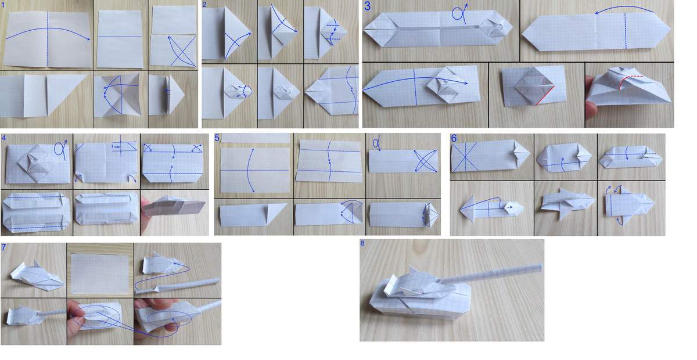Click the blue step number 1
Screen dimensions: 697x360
pyautogui.click(x=3, y=5)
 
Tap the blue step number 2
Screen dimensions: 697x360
pyautogui.click(x=204, y=5)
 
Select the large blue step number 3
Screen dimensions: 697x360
pyautogui.click(x=368, y=6)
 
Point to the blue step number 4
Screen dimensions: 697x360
pyautogui.click(x=3, y=137)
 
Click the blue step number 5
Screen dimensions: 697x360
pyautogui.click(x=217, y=138)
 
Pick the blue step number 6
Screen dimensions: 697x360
pyautogui.click(x=454, y=138)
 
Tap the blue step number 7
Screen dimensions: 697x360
pyautogui.click(x=3, y=247)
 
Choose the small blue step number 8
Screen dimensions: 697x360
pyautogui.click(x=362, y=243)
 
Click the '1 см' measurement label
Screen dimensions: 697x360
pyautogui.click(x=116, y=146)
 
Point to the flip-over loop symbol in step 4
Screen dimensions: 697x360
pyautogui.click(x=60, y=149)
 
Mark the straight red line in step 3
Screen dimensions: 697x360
pyautogui.click(x=545, y=96)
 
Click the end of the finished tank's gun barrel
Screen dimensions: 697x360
pyautogui.click(x=541, y=267)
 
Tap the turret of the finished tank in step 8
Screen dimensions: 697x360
pyautogui.click(x=417, y=285)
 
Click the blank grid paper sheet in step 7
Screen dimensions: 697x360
pyautogui.click(x=100, y=273)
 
